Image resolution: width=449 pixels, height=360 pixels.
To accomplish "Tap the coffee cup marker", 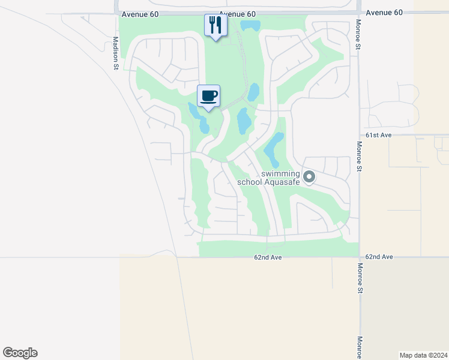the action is pos(208,96).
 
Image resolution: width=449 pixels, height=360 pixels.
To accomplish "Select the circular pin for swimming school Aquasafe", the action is pos(309,176).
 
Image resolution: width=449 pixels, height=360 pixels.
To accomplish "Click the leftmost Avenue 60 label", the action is pos(139,14).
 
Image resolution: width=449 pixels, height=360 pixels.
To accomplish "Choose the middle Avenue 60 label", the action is pos(237,14).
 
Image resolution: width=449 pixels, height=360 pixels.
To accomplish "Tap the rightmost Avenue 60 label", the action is pos(384,13).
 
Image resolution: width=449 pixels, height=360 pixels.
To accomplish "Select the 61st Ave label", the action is pos(378,136).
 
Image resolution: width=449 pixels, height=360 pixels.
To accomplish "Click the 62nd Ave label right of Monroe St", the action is pos(379,257).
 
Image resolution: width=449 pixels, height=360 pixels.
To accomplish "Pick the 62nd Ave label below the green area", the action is pos(268,257).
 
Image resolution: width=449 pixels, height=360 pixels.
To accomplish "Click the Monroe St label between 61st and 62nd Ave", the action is pos(359,157).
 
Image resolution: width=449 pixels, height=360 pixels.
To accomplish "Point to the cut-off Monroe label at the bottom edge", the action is pos(360,347).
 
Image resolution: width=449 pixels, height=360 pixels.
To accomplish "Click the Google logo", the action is pos(20,352).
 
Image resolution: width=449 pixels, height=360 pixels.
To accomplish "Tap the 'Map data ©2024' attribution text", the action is pos(423,355).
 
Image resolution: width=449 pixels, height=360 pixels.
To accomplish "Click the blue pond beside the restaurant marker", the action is pos(250,26).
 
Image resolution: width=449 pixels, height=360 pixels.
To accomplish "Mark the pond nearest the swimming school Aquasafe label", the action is pos(274,149).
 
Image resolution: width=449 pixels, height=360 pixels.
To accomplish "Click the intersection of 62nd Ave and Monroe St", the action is pos(360,257).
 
